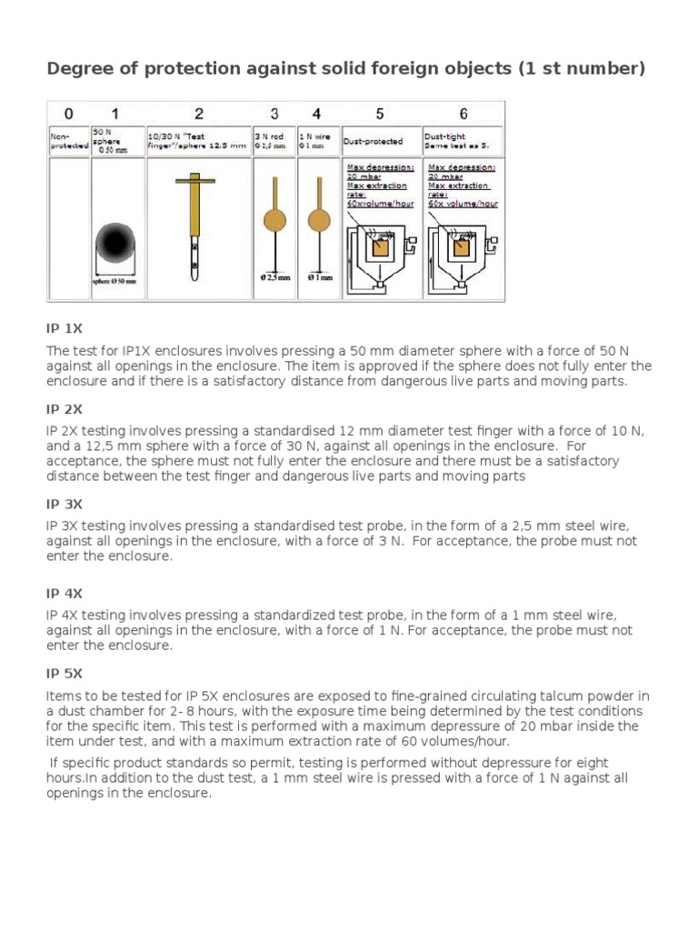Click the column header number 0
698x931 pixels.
click(x=68, y=114)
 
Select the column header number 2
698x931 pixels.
click(x=198, y=114)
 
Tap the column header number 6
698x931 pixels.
click(x=463, y=114)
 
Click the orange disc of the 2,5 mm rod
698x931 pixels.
click(x=274, y=219)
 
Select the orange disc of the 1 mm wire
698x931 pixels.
click(x=317, y=219)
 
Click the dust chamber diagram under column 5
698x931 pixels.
click(x=380, y=250)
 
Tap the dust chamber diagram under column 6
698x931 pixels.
click(x=463, y=250)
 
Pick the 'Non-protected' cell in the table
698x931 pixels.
click(x=69, y=140)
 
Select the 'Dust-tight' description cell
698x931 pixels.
click(x=463, y=140)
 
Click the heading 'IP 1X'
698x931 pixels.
click(x=65, y=327)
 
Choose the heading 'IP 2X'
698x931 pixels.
click(x=65, y=408)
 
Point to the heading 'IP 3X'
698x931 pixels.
click(x=65, y=504)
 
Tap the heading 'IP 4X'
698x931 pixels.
click(x=65, y=593)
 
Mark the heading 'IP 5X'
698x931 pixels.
click(x=65, y=674)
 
